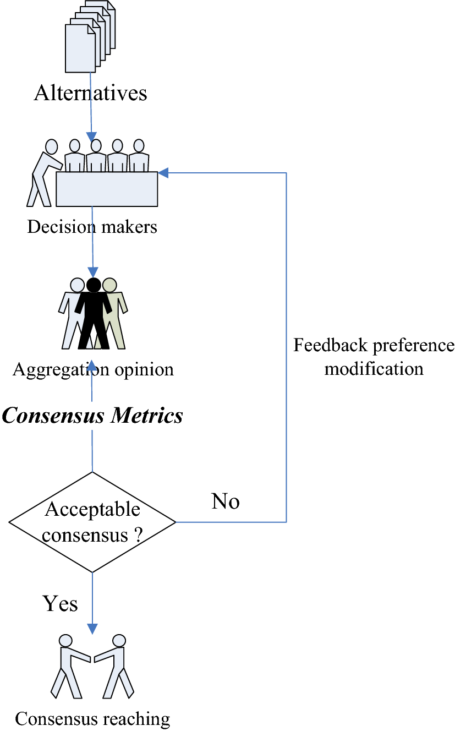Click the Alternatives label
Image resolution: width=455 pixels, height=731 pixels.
click(x=91, y=92)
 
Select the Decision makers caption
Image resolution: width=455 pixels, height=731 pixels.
click(x=92, y=227)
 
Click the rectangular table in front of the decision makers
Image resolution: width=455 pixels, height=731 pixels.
click(x=107, y=189)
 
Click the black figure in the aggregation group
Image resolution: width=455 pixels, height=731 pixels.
click(x=94, y=314)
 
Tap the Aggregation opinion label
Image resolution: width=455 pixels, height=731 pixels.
click(x=93, y=369)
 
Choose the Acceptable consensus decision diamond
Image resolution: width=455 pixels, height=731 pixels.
click(x=92, y=522)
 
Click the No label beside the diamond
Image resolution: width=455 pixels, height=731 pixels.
click(x=226, y=501)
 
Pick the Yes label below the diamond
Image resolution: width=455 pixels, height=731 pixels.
click(x=60, y=604)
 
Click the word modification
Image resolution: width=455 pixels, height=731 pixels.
click(x=374, y=368)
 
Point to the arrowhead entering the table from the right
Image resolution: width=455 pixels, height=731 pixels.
click(x=163, y=173)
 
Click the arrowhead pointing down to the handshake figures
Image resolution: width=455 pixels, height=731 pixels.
click(x=92, y=629)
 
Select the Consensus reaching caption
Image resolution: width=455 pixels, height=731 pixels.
click(x=92, y=718)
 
